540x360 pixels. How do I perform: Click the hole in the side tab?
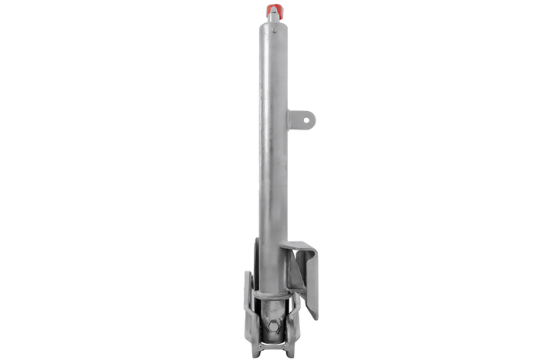click(309, 117)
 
